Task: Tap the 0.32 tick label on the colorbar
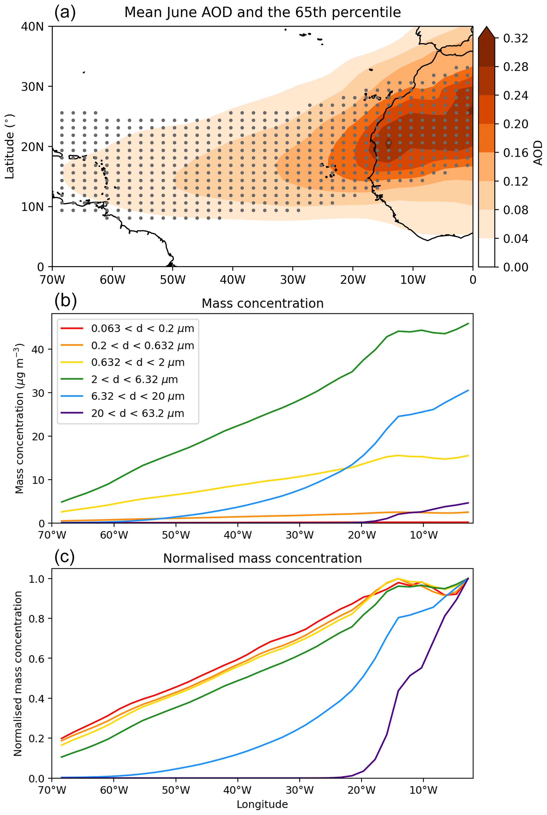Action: (x=516, y=38)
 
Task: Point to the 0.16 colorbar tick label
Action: (x=516, y=152)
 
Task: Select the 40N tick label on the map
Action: (x=33, y=26)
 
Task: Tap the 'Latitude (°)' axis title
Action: (x=10, y=147)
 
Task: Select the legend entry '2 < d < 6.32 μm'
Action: (x=134, y=379)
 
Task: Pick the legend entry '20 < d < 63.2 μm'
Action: (x=137, y=413)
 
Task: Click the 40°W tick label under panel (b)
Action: (x=238, y=535)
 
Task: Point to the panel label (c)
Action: (x=65, y=557)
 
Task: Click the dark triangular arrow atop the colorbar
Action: (x=486, y=32)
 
